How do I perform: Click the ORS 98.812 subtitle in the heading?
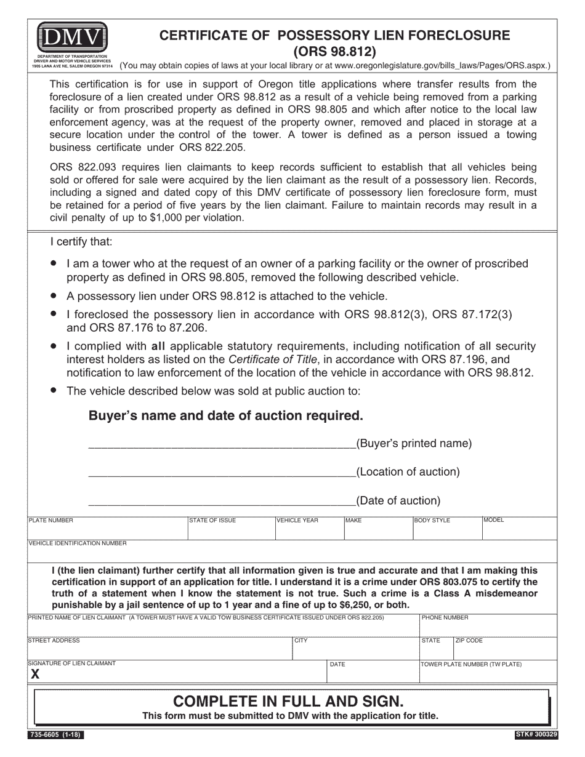334,50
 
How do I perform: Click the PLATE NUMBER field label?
51,521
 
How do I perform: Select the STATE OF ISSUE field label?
212,521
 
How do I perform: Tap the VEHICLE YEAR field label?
297,521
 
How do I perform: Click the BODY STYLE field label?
432,521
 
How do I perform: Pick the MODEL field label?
494,520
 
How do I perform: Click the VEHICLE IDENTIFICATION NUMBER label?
78,543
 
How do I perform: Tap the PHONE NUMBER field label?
445,617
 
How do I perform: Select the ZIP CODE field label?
469,641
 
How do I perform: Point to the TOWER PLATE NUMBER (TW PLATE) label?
471,665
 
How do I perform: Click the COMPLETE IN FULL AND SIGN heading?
289,701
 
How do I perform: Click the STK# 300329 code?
535,735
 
